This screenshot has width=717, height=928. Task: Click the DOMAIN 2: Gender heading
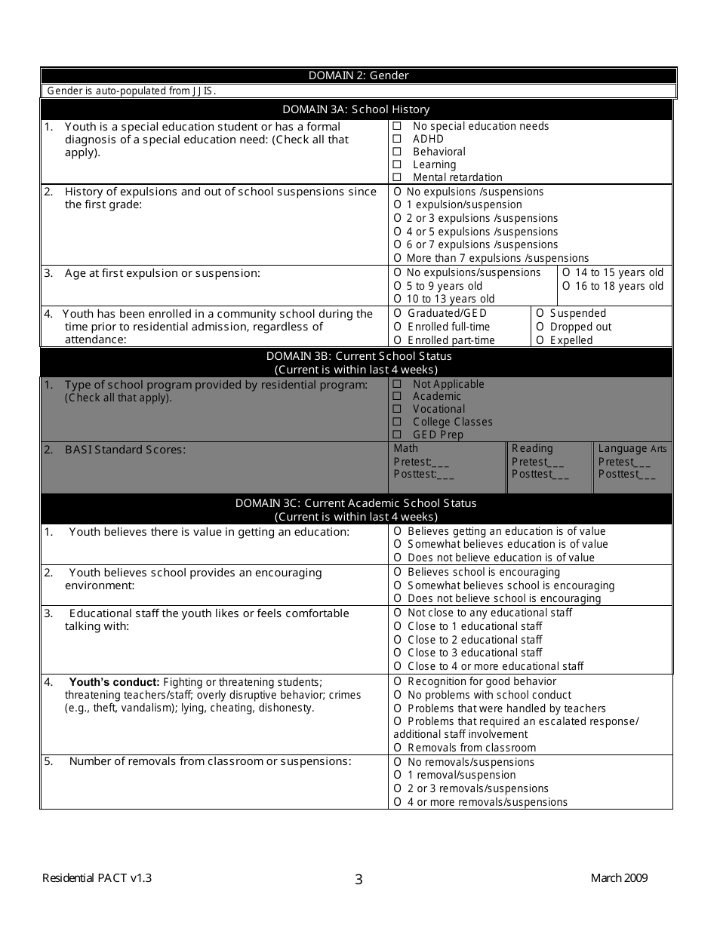tap(358, 75)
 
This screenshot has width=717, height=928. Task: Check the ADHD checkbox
tap(397, 139)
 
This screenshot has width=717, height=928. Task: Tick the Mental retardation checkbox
tap(397, 177)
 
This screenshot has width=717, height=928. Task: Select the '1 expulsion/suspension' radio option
tap(398, 205)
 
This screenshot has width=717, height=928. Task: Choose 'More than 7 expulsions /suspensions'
tap(398, 258)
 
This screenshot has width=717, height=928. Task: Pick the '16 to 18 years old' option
tap(567, 286)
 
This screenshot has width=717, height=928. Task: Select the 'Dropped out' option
tap(540, 327)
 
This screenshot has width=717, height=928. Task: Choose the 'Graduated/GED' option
tap(398, 313)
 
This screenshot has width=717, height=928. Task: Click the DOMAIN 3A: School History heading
tap(356, 109)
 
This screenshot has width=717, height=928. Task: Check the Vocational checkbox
tap(397, 409)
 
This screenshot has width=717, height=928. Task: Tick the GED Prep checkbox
tap(397, 435)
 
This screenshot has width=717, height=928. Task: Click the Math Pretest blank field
tap(443, 462)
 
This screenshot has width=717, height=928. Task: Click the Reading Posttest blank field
tap(560, 475)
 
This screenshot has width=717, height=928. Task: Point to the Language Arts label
tap(632, 448)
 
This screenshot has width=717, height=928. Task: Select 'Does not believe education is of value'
tap(398, 558)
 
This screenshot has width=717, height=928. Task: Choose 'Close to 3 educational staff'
tap(398, 653)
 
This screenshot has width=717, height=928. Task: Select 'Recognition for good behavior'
tap(398, 681)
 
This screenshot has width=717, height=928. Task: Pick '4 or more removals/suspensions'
tap(398, 802)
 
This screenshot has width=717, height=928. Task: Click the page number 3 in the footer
tap(358, 880)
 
